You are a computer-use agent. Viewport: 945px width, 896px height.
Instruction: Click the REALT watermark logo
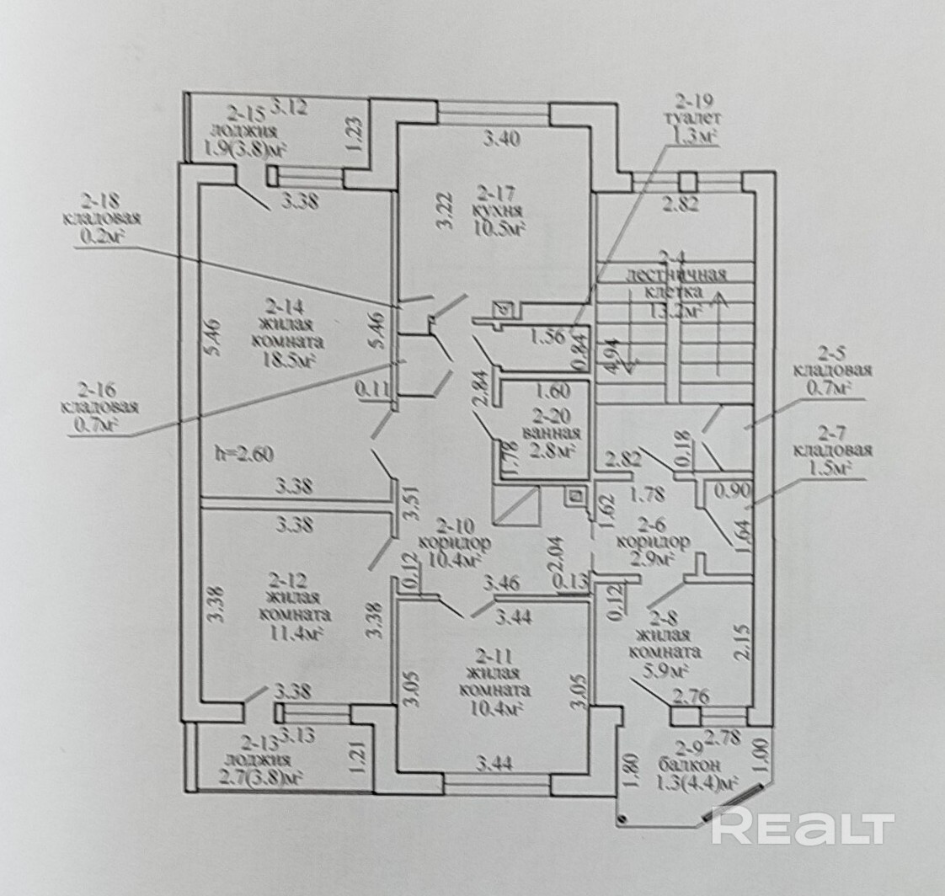802,826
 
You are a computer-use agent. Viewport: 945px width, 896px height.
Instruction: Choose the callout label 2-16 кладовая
102,408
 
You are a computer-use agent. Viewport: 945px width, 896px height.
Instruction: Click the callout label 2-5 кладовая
832,378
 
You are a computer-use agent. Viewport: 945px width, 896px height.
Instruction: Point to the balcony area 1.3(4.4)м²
694,784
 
